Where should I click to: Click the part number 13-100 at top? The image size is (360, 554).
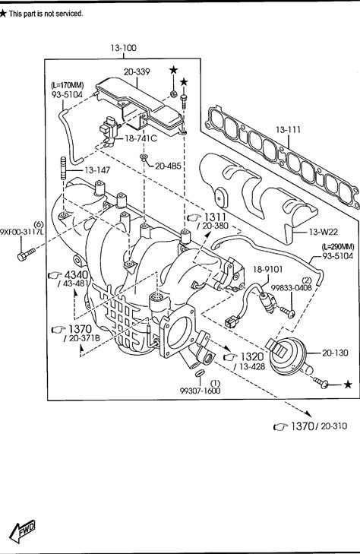[x=123, y=48]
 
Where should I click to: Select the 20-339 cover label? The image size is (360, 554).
[x=137, y=71]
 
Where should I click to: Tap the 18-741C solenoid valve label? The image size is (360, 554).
[x=141, y=138]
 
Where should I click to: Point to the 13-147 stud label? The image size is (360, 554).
[x=97, y=170]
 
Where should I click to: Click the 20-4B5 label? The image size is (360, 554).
[x=168, y=166]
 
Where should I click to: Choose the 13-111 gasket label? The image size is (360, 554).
[x=288, y=130]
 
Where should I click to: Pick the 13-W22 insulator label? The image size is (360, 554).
[x=323, y=232]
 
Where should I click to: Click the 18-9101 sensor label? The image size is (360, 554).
[x=267, y=270]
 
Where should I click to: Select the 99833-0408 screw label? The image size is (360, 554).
[x=291, y=288]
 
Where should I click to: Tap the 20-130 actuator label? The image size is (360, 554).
[x=335, y=353]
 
